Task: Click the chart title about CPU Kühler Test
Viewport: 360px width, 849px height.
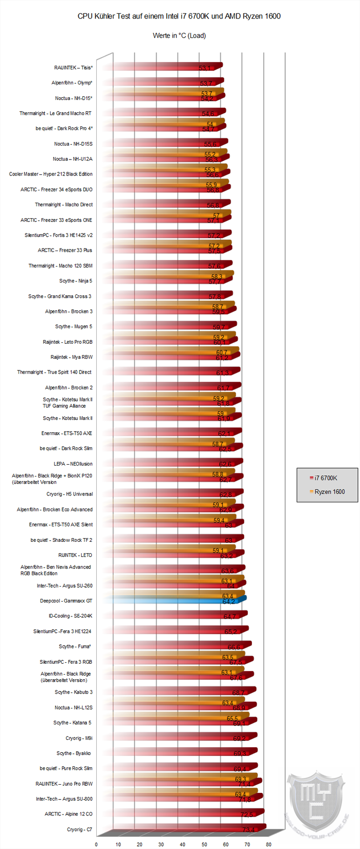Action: tap(179, 16)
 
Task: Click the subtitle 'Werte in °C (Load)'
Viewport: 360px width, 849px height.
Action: tap(179, 36)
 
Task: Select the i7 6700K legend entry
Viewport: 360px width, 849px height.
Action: tap(323, 478)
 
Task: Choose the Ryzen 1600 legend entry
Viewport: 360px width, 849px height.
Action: tap(326, 492)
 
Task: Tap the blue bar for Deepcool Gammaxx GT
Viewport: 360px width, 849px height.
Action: tap(175, 600)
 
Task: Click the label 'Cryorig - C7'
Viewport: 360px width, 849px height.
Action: tap(80, 829)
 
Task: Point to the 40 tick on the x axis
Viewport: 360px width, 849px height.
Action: tap(183, 844)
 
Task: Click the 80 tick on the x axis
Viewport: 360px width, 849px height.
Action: tap(268, 844)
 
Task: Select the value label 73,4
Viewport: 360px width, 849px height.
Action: tap(248, 829)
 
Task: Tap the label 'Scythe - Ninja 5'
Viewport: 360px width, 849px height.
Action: tap(76, 281)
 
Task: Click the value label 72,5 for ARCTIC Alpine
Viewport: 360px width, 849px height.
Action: tap(247, 815)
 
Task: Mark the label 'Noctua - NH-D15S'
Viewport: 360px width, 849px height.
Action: tap(73, 144)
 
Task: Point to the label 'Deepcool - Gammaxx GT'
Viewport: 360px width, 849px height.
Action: tap(66, 600)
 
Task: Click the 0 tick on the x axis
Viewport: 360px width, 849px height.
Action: tap(96, 844)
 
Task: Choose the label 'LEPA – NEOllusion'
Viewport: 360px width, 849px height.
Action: tap(73, 464)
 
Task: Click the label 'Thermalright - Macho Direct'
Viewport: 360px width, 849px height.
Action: tap(64, 205)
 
